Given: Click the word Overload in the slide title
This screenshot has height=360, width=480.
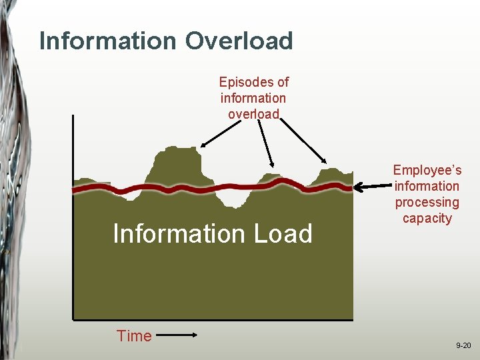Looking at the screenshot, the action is click(x=239, y=41).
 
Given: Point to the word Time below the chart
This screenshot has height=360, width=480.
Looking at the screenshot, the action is click(x=134, y=336).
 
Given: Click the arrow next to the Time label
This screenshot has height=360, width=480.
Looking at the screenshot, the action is click(x=179, y=337).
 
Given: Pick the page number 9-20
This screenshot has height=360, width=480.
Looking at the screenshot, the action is click(x=463, y=345).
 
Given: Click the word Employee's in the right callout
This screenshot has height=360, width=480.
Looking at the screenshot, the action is click(x=427, y=171).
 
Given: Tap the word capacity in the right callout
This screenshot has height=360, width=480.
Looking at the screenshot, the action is click(x=427, y=219).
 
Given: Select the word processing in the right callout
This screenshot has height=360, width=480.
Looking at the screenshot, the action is click(x=427, y=203).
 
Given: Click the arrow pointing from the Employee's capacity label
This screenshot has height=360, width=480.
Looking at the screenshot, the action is click(x=373, y=187).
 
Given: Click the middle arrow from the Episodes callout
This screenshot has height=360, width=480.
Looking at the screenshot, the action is click(x=265, y=143).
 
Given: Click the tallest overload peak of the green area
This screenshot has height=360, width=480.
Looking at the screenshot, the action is click(x=176, y=163).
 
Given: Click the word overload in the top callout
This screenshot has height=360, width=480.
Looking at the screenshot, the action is click(x=253, y=114).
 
